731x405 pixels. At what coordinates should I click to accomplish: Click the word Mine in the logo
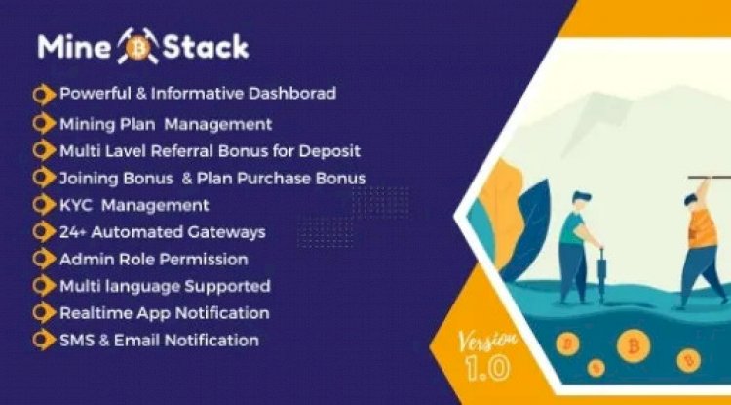73,45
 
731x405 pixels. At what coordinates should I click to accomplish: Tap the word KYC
77,205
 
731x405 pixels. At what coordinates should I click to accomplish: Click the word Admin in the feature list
86,259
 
